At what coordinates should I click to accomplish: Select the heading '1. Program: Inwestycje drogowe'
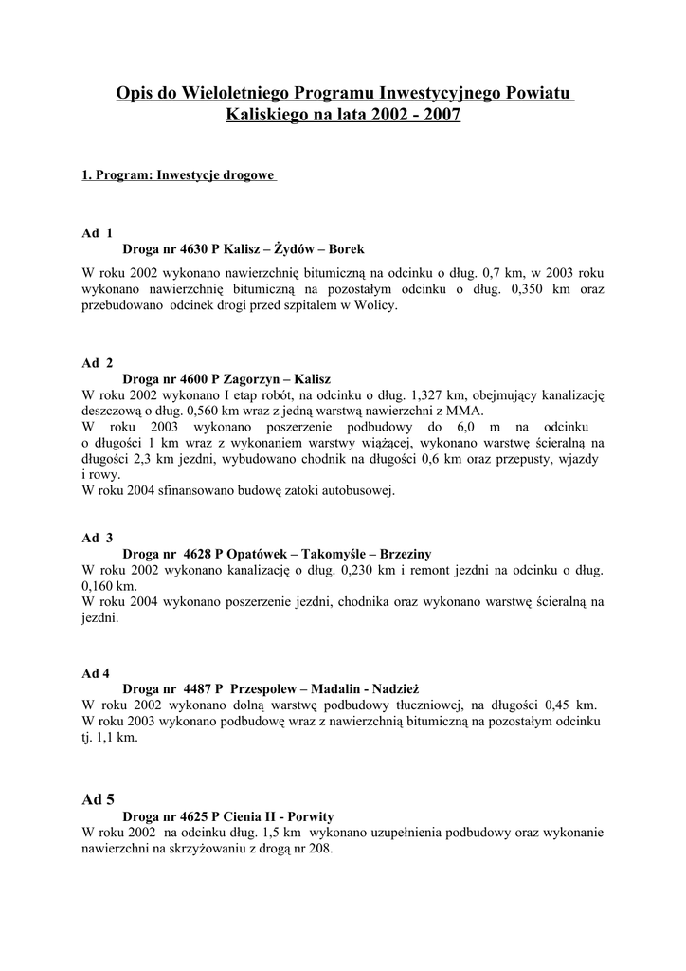pyautogui.click(x=178, y=175)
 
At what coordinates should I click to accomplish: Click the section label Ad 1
pyautogui.click(x=97, y=232)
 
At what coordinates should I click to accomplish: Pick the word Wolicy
pyautogui.click(x=377, y=305)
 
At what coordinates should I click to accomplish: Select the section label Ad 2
pyautogui.click(x=97, y=362)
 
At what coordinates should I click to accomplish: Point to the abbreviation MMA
pyautogui.click(x=464, y=411)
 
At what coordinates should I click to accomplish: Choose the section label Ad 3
pyautogui.click(x=97, y=538)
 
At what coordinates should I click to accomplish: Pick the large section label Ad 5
pyautogui.click(x=99, y=798)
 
